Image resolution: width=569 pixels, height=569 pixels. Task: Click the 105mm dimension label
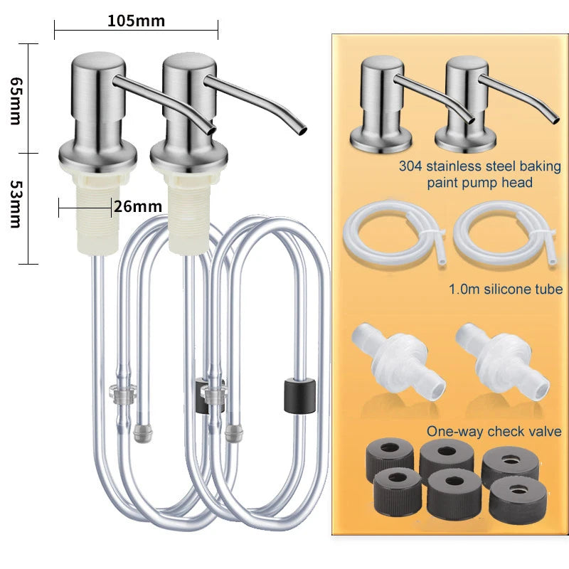(x=136, y=21)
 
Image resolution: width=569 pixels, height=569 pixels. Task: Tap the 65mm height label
(x=15, y=101)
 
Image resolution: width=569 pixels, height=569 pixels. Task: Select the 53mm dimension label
(x=15, y=204)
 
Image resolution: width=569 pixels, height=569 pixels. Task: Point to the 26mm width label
(x=138, y=206)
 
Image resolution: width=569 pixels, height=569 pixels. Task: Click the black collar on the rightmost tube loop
(x=299, y=396)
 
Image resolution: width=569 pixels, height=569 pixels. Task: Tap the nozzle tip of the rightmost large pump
(x=302, y=131)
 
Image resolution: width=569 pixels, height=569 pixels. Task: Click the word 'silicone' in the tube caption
(x=506, y=289)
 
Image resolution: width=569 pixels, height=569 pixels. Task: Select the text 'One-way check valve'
(x=494, y=432)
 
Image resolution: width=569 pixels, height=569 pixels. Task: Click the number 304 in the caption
(x=410, y=166)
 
